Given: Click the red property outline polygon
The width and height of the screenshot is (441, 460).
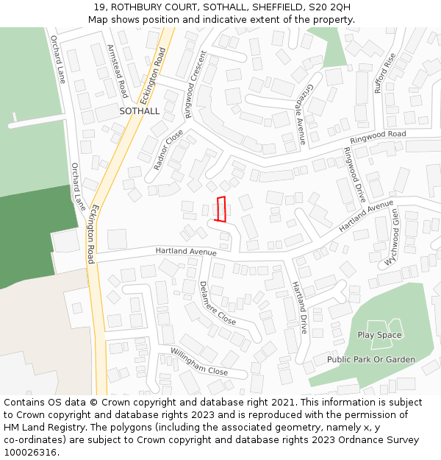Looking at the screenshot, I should point(220,209).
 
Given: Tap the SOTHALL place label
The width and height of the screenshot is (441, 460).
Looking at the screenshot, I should point(139,111).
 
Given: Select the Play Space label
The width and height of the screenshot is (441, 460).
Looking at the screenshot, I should point(379,335).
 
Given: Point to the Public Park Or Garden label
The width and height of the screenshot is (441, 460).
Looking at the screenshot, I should point(371,360).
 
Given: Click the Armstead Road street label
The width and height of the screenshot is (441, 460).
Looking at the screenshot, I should point(118,71).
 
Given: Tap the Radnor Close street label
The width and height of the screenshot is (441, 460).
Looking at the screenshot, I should point(169,150).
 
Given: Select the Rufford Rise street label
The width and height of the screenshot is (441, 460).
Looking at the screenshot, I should point(384,73).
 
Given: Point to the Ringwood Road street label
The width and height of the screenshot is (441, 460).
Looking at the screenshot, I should point(378,137).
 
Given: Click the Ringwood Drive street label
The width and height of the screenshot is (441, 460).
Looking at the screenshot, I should point(354,175).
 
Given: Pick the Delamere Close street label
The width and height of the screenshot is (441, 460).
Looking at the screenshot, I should point(217,302).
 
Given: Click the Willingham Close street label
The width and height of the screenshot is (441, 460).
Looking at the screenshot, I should point(199,361).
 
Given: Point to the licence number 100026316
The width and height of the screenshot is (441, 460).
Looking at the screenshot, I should point(29,453).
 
